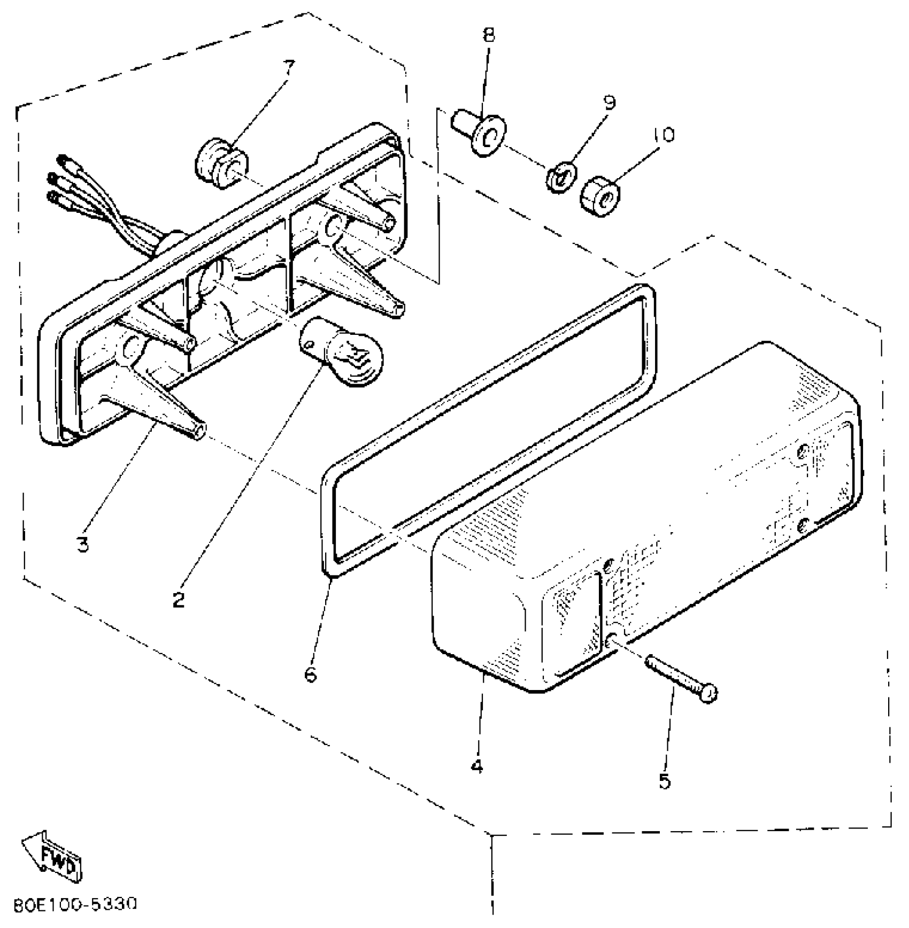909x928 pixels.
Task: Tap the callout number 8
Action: click(x=488, y=35)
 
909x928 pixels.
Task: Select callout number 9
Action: click(x=609, y=102)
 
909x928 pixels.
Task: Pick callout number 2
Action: click(x=178, y=600)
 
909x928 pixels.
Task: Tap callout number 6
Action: click(x=310, y=675)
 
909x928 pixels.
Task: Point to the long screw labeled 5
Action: click(x=680, y=678)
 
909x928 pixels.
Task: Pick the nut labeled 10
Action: click(x=600, y=197)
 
